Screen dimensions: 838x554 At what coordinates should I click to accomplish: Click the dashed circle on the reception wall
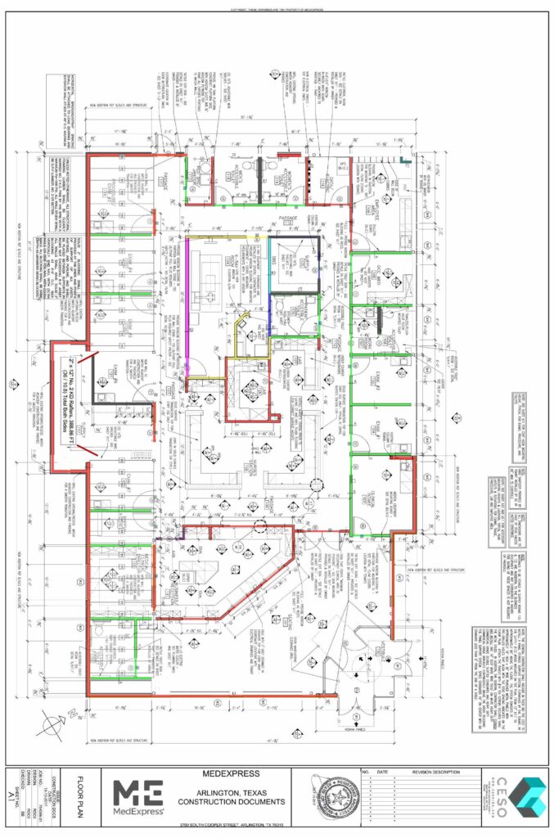260,528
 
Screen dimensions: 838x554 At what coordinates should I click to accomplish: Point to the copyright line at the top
277,9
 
